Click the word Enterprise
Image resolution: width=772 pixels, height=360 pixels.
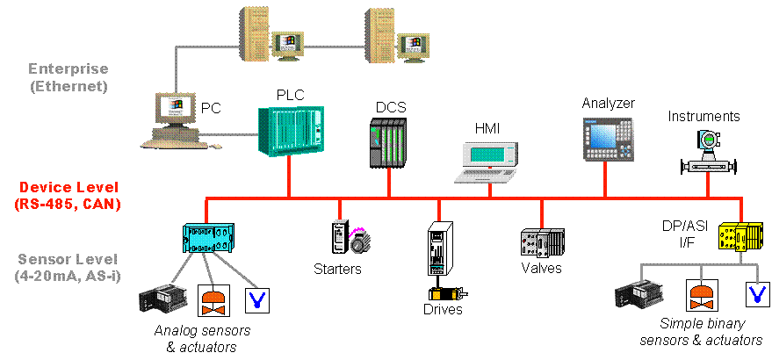coord(68,68)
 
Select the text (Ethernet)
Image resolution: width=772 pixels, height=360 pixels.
coord(68,86)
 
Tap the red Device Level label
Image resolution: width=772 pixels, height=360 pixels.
coord(68,188)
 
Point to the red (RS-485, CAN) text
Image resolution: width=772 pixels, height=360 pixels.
coord(68,205)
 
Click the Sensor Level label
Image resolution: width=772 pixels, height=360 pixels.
coord(68,260)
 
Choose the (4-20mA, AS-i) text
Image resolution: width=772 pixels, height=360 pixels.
coord(68,277)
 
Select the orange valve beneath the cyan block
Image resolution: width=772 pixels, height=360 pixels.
coord(213,299)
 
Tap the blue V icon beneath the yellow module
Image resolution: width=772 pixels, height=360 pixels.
coord(756,294)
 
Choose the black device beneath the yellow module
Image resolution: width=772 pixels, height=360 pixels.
coord(638,295)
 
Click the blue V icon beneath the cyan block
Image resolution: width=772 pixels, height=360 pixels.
coord(256,299)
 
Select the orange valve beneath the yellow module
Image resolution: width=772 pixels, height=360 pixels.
coord(702,295)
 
